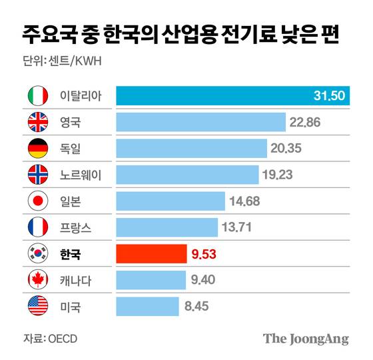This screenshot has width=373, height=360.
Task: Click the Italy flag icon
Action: point(37,96)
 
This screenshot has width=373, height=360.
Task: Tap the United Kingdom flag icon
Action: point(37,122)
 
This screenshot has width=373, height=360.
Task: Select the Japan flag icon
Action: point(37,201)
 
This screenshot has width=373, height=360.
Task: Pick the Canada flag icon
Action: point(37,279)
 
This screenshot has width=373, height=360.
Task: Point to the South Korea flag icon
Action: point(37,253)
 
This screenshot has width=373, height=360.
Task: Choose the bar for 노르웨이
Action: point(187,175)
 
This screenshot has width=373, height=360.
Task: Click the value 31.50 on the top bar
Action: point(328,96)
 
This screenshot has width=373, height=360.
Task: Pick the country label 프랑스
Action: point(75,227)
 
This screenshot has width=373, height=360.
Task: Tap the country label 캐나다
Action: point(75,280)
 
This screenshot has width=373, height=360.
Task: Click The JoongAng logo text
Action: point(306,338)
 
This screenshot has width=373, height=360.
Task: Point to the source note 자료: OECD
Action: point(51,338)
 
